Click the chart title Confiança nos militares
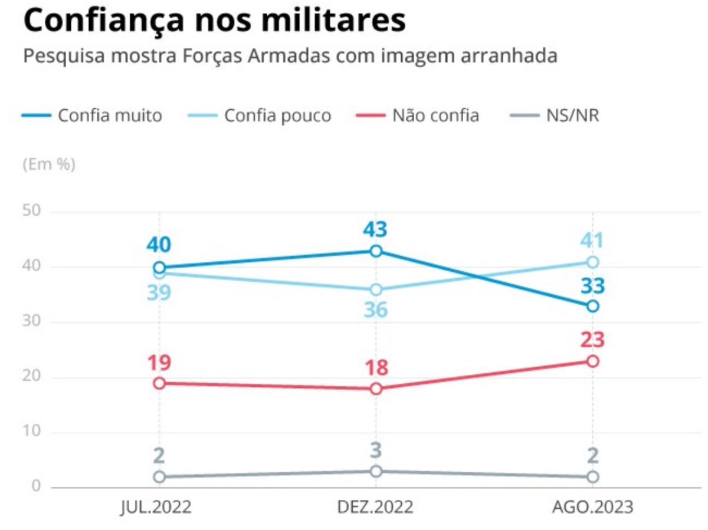click(x=214, y=21)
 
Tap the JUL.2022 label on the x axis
click(x=158, y=508)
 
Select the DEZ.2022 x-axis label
click(x=375, y=508)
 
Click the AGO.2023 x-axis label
click(x=592, y=508)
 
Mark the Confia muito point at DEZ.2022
click(x=376, y=251)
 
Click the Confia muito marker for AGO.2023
click(x=593, y=306)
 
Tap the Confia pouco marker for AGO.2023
click(x=593, y=262)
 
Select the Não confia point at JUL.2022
click(x=159, y=383)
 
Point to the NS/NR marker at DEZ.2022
click(x=376, y=471)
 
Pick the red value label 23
click(x=592, y=340)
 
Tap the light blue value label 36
click(x=376, y=310)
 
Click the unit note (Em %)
click(x=49, y=164)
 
